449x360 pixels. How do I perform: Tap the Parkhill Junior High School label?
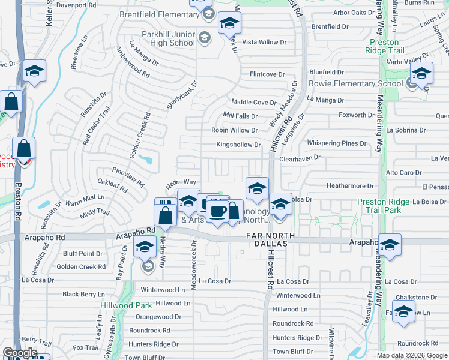click(168, 39)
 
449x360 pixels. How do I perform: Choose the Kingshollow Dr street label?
click(238, 145)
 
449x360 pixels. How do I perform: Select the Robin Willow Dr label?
click(234, 130)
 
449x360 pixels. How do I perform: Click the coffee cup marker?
click(218, 212)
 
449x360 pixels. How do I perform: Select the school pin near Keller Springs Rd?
click(35, 73)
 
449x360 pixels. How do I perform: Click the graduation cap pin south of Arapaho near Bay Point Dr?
click(145, 247)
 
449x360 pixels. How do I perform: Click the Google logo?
click(19, 353)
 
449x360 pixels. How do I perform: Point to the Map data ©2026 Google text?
click(412, 355)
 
